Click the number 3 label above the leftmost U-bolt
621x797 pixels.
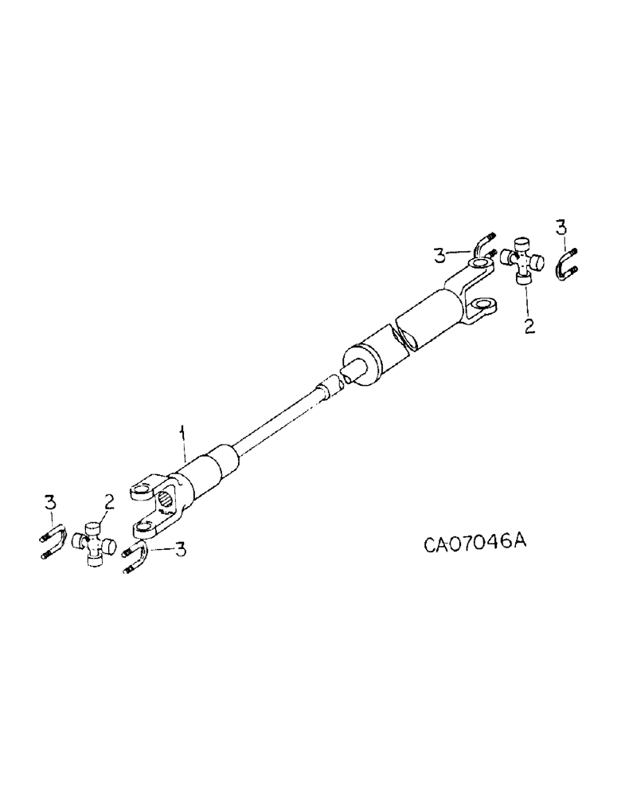(50, 501)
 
